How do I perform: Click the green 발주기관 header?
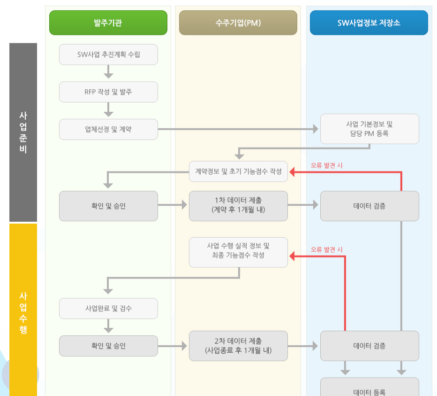[x=108, y=23]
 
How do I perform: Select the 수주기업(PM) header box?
[x=238, y=23]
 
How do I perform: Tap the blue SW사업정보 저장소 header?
[x=369, y=23]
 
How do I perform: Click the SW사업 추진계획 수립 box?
[x=108, y=54]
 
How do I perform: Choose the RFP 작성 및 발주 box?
[x=108, y=92]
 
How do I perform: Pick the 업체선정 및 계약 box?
[x=108, y=129]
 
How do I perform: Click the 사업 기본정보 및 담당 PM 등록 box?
[x=369, y=129]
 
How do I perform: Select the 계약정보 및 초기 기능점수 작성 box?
[x=238, y=171]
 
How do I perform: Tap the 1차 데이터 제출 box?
[x=238, y=206]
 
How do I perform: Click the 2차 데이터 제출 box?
[x=238, y=346]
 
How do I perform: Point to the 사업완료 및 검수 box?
[x=108, y=309]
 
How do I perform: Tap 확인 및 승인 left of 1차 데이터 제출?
[x=108, y=206]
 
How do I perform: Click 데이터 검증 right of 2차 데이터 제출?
[x=369, y=346]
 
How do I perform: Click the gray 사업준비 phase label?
[x=23, y=132]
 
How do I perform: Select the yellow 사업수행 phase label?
[x=23, y=310]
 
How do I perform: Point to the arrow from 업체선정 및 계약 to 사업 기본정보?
[x=238, y=129]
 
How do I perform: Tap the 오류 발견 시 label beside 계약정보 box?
[x=327, y=165]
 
